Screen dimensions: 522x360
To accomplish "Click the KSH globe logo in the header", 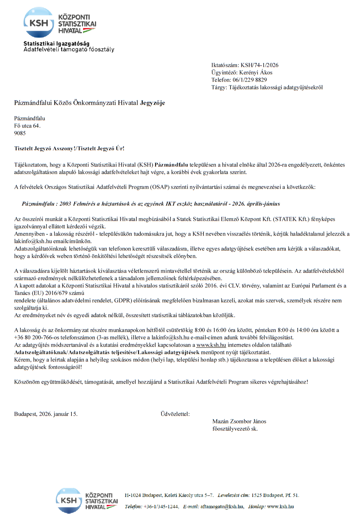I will click(38, 23).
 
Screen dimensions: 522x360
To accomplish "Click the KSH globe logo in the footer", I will click(69, 500).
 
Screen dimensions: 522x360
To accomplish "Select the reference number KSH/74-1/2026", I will click(260, 65).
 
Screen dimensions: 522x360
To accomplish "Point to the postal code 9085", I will click(20, 133).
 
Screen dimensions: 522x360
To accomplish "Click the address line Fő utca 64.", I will click(27, 126).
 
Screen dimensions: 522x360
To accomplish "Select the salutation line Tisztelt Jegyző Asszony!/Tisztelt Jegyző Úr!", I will click(69, 149).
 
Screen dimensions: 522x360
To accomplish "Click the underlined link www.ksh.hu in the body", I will click(211, 345).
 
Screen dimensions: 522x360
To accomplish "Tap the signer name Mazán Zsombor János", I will click(239, 421).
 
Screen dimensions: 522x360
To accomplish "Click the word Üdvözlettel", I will click(175, 414).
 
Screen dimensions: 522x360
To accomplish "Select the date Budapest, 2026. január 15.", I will click(46, 414).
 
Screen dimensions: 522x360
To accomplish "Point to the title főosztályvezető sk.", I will click(235, 429).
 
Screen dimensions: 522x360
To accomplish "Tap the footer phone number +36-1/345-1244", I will click(161, 506).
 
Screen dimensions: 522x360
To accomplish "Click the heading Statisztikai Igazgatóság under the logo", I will click(56, 43).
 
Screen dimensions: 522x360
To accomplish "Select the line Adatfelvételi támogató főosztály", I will click(69, 50).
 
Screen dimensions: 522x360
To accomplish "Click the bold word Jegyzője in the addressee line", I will click(153, 103).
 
